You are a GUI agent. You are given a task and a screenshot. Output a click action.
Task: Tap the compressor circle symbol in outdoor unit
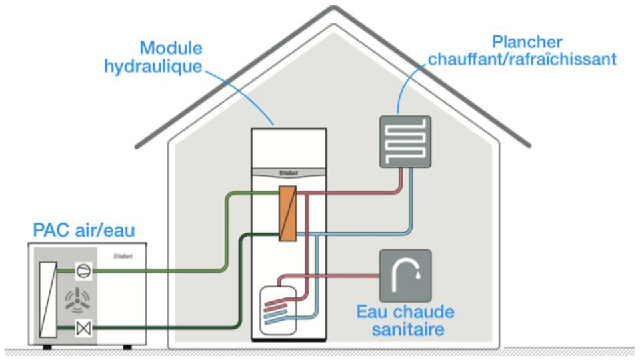[83, 271]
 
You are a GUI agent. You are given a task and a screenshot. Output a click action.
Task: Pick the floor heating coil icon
[405, 141]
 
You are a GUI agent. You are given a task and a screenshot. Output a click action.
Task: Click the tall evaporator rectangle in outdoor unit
[47, 299]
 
